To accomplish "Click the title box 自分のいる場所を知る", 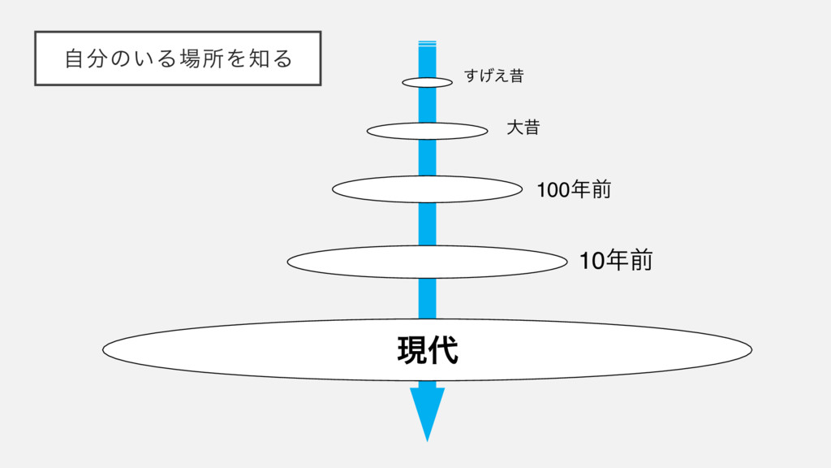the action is click(x=178, y=58).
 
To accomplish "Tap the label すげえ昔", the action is click(x=493, y=76).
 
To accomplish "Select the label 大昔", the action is click(x=523, y=128).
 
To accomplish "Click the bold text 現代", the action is click(x=428, y=351).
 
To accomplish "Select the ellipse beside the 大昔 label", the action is click(x=390, y=131).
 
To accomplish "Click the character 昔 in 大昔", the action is click(x=531, y=128).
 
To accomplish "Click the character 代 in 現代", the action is click(x=443, y=351).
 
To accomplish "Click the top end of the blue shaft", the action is click(x=428, y=43).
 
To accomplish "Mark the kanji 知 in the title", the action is click(x=259, y=58).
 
